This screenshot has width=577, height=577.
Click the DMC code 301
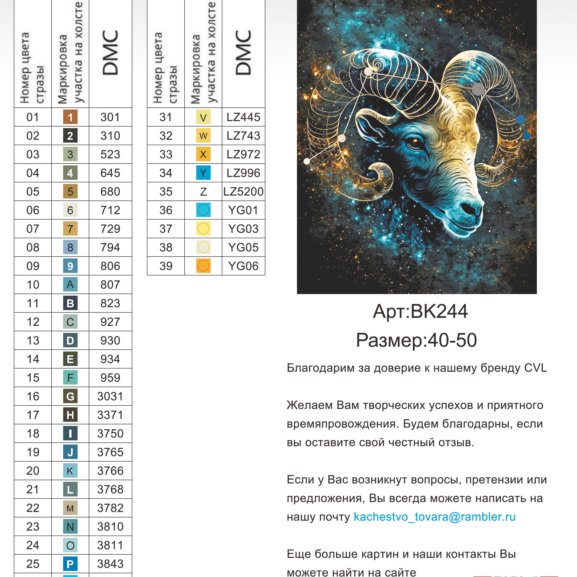click(110, 117)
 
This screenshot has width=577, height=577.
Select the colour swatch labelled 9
click(70, 266)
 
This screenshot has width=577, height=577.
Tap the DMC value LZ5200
click(243, 191)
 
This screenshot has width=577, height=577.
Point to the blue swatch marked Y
click(203, 173)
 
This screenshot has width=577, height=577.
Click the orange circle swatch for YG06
click(203, 266)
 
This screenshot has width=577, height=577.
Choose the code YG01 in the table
click(243, 210)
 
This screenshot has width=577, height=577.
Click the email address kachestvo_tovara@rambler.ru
click(434, 517)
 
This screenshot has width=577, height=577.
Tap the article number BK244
click(439, 311)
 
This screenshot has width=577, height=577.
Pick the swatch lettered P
click(70, 564)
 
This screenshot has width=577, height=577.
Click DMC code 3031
click(110, 396)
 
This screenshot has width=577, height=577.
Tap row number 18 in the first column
click(33, 434)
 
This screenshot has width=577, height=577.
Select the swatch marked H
click(70, 415)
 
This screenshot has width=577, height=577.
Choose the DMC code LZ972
click(243, 154)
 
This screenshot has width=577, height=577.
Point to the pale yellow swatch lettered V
click(203, 117)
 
